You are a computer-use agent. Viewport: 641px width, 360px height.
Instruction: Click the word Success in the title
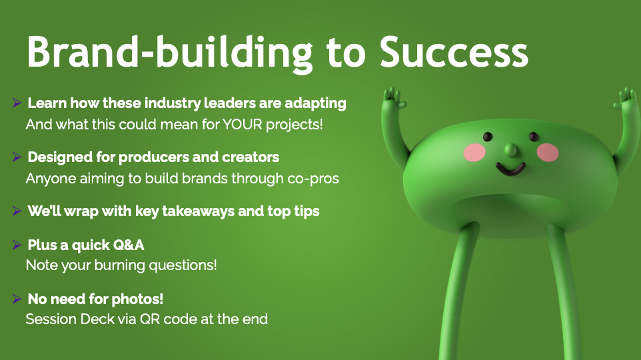[454, 52]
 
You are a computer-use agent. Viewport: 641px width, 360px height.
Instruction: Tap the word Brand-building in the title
[170, 53]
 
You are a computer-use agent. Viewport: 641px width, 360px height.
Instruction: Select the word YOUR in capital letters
[243, 125]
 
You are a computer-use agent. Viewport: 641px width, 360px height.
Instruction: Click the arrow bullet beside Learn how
[17, 103]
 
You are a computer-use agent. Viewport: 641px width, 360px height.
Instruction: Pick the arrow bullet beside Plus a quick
[17, 245]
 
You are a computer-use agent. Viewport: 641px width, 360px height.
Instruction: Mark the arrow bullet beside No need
[17, 299]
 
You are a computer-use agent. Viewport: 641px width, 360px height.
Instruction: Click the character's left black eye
[488, 137]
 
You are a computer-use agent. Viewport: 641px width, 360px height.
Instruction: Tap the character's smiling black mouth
[510, 169]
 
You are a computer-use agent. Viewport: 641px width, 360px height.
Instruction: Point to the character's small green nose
[511, 150]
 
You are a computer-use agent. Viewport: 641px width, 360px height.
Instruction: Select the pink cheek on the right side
[548, 152]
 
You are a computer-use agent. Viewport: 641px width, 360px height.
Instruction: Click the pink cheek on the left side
[474, 152]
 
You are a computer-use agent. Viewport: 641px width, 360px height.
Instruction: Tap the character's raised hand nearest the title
[393, 99]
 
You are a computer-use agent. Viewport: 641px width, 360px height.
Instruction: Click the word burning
[120, 266]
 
